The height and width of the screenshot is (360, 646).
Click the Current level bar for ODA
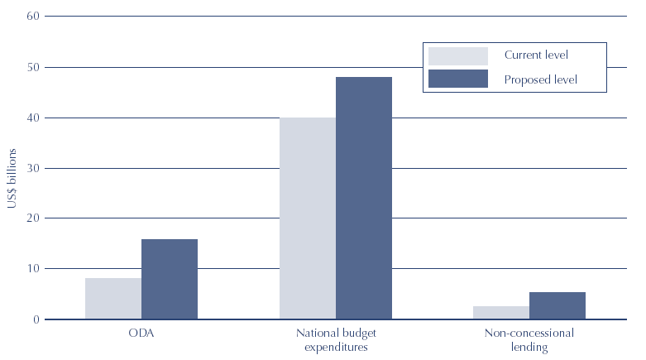point(113,298)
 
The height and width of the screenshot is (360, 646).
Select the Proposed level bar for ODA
point(170,279)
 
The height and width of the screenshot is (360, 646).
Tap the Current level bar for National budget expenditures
point(308,218)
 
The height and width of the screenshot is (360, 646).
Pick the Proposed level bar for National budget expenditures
point(364,198)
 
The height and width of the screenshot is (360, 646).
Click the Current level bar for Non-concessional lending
point(501,312)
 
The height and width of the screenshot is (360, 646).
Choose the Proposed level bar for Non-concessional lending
point(557,305)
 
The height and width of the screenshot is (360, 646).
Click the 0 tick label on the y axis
point(35,319)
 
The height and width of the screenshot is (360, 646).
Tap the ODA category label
point(141,334)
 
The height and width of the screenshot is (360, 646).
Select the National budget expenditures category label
point(336,339)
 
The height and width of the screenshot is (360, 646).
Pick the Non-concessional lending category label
point(529,339)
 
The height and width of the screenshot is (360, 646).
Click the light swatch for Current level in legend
point(457,55)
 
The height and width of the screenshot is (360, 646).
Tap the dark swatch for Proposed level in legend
point(457,79)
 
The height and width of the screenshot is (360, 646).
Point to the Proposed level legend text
point(540,79)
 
